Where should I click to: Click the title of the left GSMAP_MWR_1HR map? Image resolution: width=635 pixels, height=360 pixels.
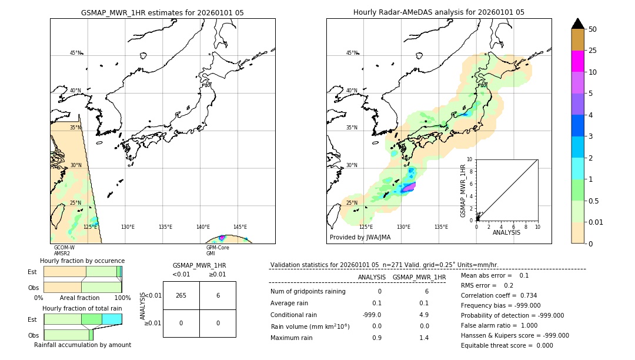(x=162, y=12)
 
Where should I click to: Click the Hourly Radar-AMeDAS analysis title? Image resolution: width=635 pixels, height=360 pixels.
(x=439, y=12)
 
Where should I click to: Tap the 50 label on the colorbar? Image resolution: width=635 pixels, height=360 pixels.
(x=593, y=29)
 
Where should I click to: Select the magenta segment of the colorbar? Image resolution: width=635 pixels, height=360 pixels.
(x=577, y=61)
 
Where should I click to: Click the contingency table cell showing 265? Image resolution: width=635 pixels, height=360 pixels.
(x=181, y=295)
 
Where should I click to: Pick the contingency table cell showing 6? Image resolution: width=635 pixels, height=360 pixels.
(x=218, y=295)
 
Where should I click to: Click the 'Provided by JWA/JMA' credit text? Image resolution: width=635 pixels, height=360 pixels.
(x=360, y=238)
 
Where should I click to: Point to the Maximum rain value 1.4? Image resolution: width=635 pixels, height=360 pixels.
(x=423, y=338)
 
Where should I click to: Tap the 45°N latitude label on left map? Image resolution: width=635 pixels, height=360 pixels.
(x=75, y=53)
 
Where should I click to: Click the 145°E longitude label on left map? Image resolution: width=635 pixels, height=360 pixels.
(x=240, y=227)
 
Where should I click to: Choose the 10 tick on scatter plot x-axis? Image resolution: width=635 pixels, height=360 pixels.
(x=537, y=226)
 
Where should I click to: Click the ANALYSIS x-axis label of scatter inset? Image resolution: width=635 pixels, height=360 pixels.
(x=506, y=232)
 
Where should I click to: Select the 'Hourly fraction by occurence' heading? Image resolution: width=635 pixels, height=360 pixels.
(x=82, y=261)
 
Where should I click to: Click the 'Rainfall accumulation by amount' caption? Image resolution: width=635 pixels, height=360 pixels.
(x=82, y=345)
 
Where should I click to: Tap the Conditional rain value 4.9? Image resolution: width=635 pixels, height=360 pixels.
(x=423, y=315)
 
